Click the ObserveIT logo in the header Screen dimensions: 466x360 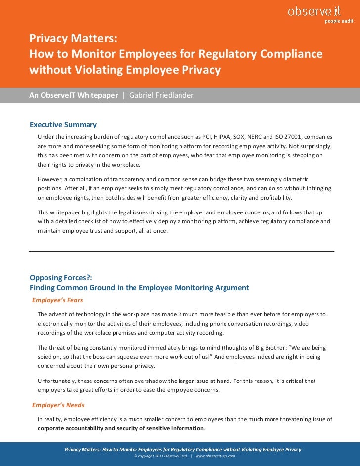pos(315,11)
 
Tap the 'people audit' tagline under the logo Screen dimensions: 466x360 pos(339,21)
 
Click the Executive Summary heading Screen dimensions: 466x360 pos(63,125)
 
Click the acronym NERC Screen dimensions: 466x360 pos(273,136)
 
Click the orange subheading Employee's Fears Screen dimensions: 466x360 pos(57,300)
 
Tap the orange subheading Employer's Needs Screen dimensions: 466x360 pos(58,405)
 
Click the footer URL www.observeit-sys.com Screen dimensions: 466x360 pos(215,456)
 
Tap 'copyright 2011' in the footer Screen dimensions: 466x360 pos(148,456)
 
